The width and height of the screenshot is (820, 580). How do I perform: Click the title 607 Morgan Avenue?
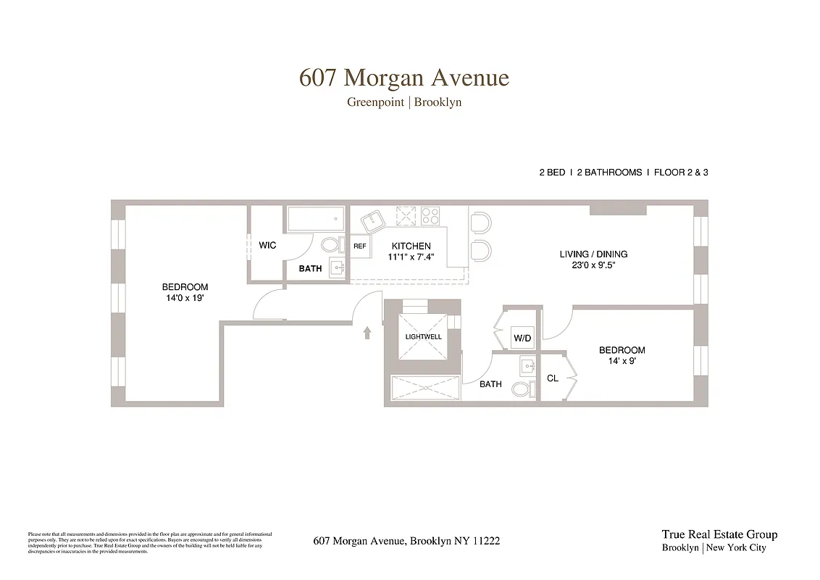tap(404, 78)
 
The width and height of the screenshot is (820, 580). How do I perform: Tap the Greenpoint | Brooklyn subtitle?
tap(404, 102)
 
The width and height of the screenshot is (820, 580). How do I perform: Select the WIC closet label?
tap(267, 246)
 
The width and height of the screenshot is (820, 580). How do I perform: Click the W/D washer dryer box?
tap(522, 339)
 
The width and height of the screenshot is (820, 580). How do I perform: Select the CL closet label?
tap(552, 378)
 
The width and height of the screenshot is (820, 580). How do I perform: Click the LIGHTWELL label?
tap(424, 336)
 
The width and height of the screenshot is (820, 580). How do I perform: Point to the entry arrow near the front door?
tap(367, 332)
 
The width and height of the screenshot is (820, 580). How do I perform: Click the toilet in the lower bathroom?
tap(521, 389)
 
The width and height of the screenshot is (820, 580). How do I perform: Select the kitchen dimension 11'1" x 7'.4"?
tap(411, 257)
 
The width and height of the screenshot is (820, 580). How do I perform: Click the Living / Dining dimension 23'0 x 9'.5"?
tap(593, 265)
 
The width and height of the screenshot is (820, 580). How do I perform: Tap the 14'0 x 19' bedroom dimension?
tap(185, 297)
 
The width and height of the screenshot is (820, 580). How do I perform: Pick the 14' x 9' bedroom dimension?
tap(622, 360)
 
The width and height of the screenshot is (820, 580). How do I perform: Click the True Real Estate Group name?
tap(719, 534)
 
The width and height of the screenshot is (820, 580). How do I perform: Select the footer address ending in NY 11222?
tap(406, 541)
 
